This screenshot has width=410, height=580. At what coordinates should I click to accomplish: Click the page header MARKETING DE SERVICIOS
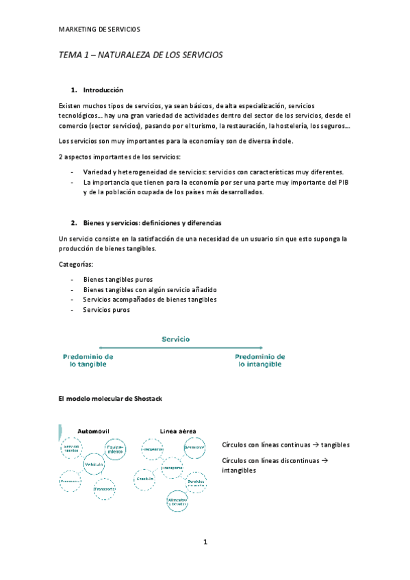[x=99, y=29]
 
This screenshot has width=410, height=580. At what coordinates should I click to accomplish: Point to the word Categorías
[x=77, y=263]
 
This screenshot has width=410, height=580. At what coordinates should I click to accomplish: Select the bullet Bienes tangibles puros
[x=118, y=279]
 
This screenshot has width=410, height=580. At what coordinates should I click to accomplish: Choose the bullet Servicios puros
[x=106, y=310]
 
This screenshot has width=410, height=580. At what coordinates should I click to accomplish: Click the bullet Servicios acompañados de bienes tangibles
[x=150, y=300]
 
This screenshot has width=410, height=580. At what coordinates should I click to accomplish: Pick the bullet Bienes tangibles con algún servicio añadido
[x=149, y=289]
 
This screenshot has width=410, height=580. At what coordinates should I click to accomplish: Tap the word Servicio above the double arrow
[x=176, y=339]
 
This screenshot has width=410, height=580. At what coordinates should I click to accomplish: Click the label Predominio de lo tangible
[x=88, y=360]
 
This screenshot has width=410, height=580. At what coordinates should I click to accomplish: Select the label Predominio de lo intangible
[x=260, y=360]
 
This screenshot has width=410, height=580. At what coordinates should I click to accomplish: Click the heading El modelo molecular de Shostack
[x=111, y=398]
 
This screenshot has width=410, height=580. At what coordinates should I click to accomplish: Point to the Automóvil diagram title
[x=94, y=431]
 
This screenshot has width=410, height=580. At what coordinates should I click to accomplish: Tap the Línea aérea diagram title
[x=178, y=431]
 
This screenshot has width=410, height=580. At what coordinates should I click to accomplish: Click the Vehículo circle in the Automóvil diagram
[x=94, y=464]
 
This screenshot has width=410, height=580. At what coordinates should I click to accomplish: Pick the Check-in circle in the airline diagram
[x=144, y=479]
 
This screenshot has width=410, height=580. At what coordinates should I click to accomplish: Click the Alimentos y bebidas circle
[x=177, y=501]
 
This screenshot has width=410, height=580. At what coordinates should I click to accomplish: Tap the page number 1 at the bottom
[x=205, y=542]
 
